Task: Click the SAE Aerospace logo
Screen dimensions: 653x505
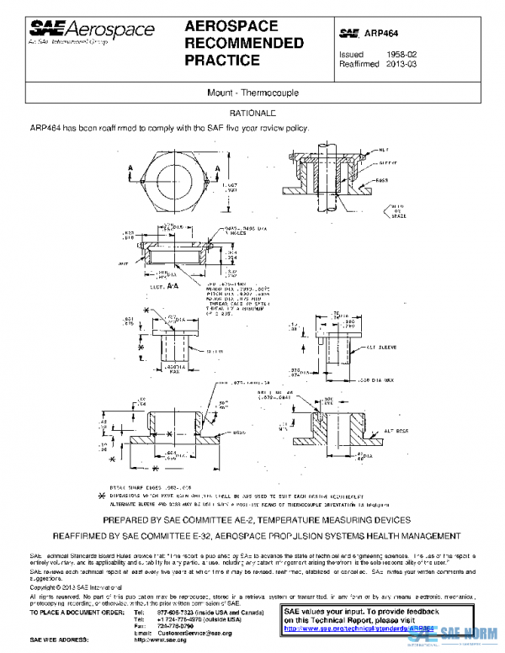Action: pos(92,31)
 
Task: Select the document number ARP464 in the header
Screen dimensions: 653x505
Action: pos(381,33)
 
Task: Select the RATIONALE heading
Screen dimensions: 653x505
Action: pos(252,113)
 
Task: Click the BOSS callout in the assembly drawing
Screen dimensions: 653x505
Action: pos(381,180)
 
